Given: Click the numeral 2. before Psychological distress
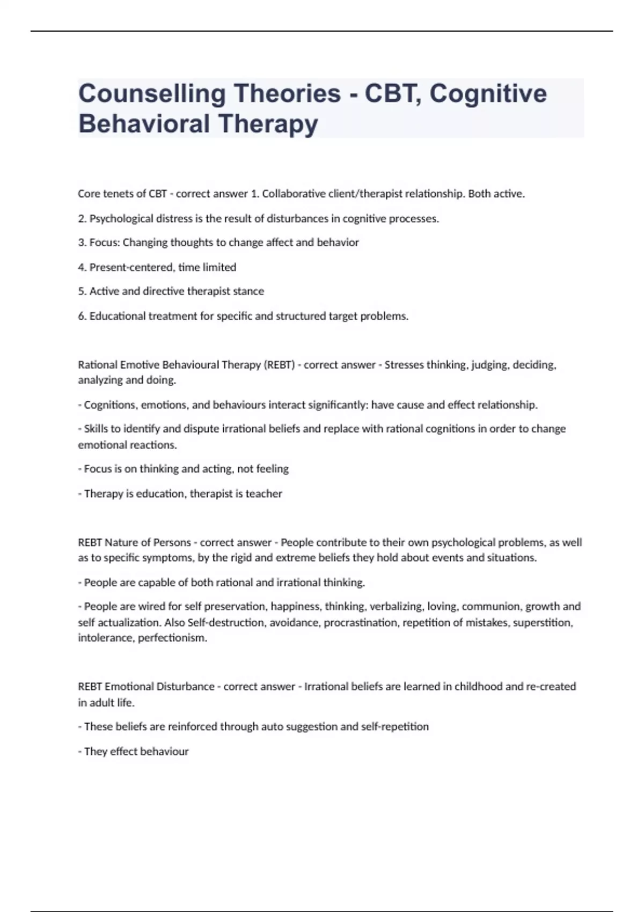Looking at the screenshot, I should (82, 219).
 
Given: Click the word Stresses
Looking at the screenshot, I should (404, 365).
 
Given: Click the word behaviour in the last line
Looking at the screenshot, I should (164, 752).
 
